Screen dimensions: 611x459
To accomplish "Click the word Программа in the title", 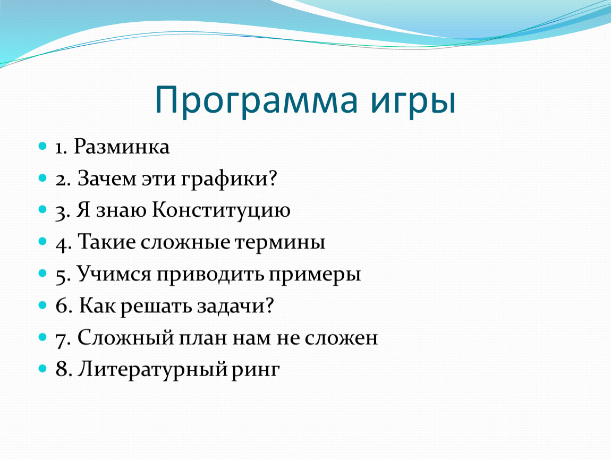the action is (256, 101).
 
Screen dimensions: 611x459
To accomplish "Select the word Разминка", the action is (122, 147).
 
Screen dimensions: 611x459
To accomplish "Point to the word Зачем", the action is (107, 179).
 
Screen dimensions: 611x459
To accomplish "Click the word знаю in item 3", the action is (121, 212).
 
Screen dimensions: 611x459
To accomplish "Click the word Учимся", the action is (113, 274).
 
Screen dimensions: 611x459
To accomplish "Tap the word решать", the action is (156, 308).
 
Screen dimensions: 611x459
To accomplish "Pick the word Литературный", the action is (152, 370).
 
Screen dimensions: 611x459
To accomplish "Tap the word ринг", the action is (256, 371).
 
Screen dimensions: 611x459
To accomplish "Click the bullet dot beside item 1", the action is (43, 147).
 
